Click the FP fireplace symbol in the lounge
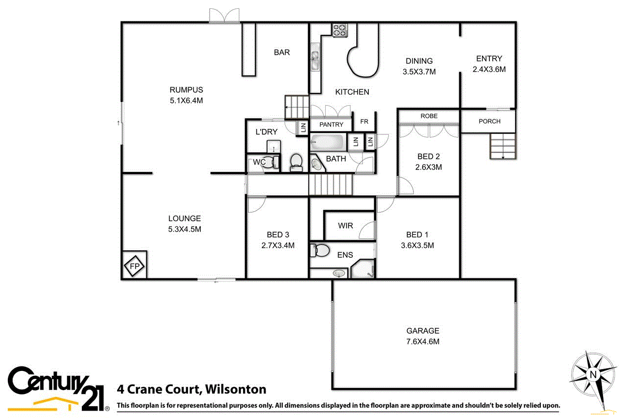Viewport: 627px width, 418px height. pos(134,266)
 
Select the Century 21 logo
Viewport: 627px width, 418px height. pos(58,389)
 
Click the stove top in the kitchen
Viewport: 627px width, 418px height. pos(339,30)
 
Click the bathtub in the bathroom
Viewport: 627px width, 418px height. pos(328,143)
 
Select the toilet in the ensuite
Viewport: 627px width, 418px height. pos(319,250)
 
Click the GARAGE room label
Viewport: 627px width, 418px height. pos(423,331)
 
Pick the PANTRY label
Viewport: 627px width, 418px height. pos(331,125)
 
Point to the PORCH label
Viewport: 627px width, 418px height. pos(488,121)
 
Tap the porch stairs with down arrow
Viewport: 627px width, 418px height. pos(503,147)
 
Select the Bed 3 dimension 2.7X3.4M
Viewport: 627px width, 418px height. pos(278,246)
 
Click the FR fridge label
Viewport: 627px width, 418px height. pos(364,122)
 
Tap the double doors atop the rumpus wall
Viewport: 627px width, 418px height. pos(224,16)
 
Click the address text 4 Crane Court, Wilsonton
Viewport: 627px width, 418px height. pos(192,390)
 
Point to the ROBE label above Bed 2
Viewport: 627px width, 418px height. pos(429,116)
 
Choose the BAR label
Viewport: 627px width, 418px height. pos(282,52)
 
